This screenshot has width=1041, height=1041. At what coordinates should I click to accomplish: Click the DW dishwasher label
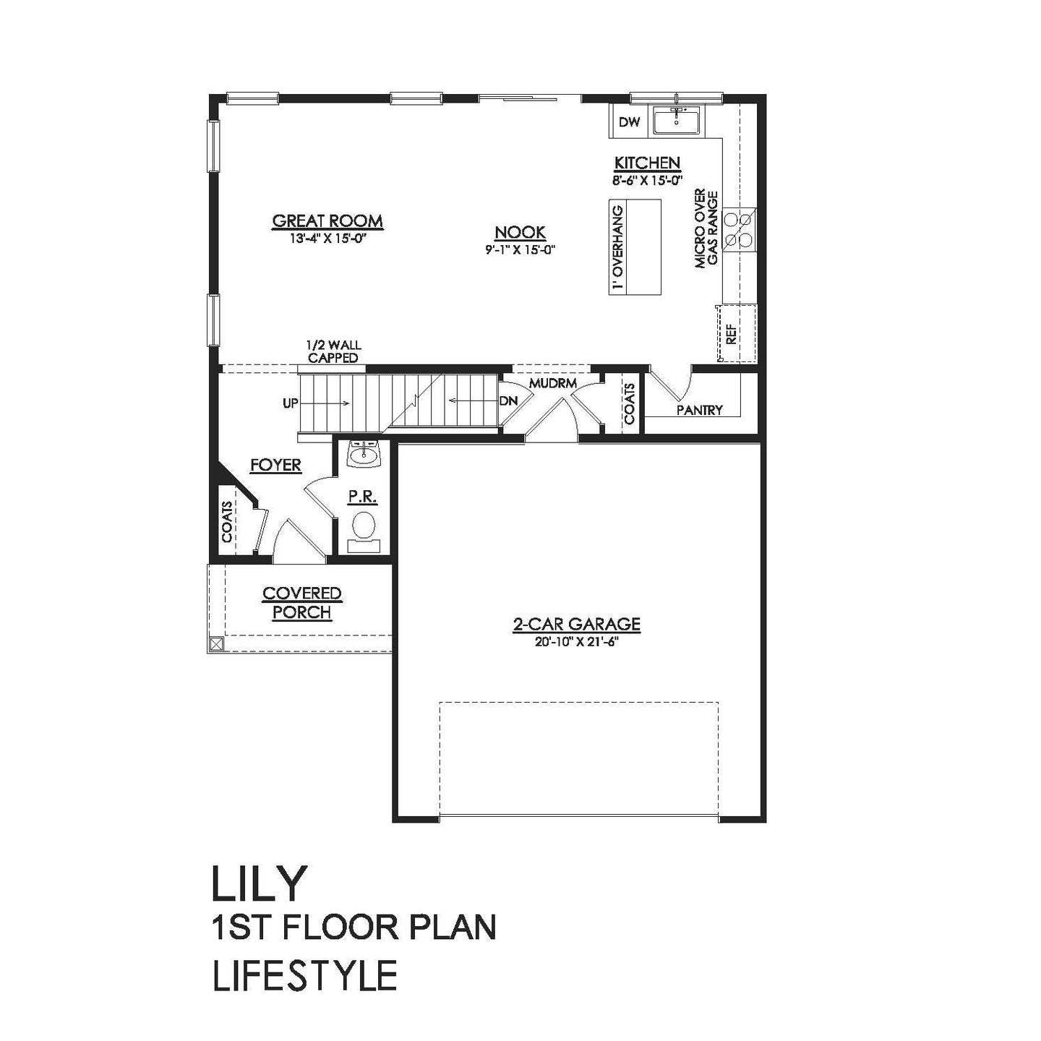pos(629,122)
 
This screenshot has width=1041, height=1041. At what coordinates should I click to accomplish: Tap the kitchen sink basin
pos(677,121)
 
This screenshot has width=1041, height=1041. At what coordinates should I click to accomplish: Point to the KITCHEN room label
pos(647,163)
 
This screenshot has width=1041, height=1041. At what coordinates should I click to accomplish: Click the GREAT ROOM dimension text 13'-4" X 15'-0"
pos(327,237)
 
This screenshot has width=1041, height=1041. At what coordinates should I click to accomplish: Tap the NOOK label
pos(520,233)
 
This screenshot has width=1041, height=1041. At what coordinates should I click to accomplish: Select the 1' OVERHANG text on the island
pos(619,247)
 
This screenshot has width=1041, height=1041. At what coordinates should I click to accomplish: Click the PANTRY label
pos(700,411)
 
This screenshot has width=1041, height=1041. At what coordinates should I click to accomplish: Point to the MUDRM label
pos(552,384)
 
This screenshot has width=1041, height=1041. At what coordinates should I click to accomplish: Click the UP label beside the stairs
pos(290,403)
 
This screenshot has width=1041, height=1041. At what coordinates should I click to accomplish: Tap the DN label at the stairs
pos(508,401)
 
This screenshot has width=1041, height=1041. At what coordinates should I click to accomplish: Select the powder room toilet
pos(364,531)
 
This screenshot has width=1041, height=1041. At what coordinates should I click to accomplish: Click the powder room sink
pos(364,455)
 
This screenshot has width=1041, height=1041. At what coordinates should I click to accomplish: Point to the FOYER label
pos(275,465)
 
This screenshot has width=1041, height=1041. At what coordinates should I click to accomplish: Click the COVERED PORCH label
pos(302,603)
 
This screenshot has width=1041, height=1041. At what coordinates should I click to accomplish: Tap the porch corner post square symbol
pos(216,643)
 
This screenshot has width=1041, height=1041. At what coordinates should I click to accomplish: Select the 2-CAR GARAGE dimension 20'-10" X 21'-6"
pos(576,642)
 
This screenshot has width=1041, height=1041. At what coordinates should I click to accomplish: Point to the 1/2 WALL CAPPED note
pos(333,351)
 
